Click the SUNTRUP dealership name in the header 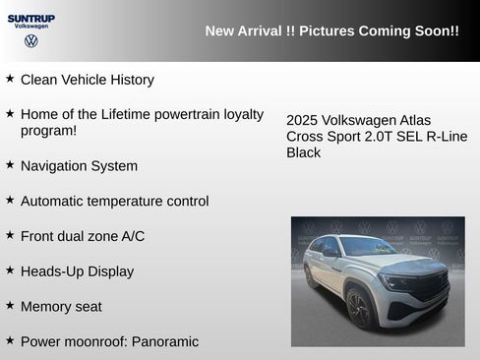tap(30, 18)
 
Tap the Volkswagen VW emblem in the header tap(30, 42)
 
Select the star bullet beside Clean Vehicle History tap(10, 78)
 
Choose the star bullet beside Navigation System tap(10, 164)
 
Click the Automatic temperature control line tap(114, 201)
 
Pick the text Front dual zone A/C tap(83, 236)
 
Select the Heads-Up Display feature tap(77, 270)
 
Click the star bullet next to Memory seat tap(10, 305)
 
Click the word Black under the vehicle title tap(304, 152)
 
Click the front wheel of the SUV tap(358, 309)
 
